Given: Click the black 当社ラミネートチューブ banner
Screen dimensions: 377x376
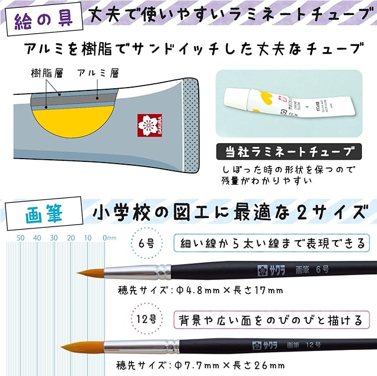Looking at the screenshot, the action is tap(288, 151).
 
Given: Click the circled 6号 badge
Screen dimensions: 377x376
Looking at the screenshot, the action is tap(147, 243).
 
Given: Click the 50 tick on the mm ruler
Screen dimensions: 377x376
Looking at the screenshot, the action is tap(21, 238).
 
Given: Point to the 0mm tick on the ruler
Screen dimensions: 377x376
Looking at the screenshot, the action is tap(109, 238).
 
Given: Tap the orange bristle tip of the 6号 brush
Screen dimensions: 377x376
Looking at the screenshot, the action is tap(92, 273).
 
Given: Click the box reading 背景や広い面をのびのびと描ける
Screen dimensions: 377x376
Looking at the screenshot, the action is tap(271, 320).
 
